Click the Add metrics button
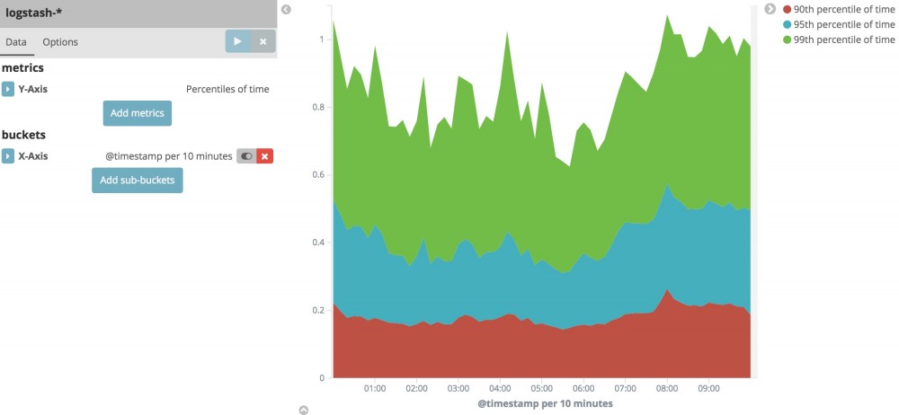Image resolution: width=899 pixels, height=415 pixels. click(x=137, y=113)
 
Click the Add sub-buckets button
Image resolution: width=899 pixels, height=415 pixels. click(x=137, y=181)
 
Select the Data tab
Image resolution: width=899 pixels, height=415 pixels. click(x=16, y=42)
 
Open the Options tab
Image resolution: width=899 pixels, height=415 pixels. click(x=60, y=42)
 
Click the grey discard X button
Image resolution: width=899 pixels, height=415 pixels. click(x=263, y=41)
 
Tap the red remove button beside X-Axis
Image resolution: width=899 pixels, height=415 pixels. click(x=264, y=156)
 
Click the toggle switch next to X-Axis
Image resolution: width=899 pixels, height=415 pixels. click(x=246, y=156)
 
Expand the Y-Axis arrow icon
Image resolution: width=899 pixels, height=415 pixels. click(x=8, y=89)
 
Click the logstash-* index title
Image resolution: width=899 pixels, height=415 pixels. click(x=40, y=14)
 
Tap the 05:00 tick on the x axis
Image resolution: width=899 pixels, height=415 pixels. click(x=541, y=389)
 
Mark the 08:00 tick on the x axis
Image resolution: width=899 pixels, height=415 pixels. click(x=666, y=389)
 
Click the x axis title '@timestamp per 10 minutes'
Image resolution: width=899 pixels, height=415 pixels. click(x=545, y=403)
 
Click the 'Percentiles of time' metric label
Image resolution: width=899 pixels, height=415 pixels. click(x=227, y=89)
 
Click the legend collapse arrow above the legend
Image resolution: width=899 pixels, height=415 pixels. click(x=770, y=9)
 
